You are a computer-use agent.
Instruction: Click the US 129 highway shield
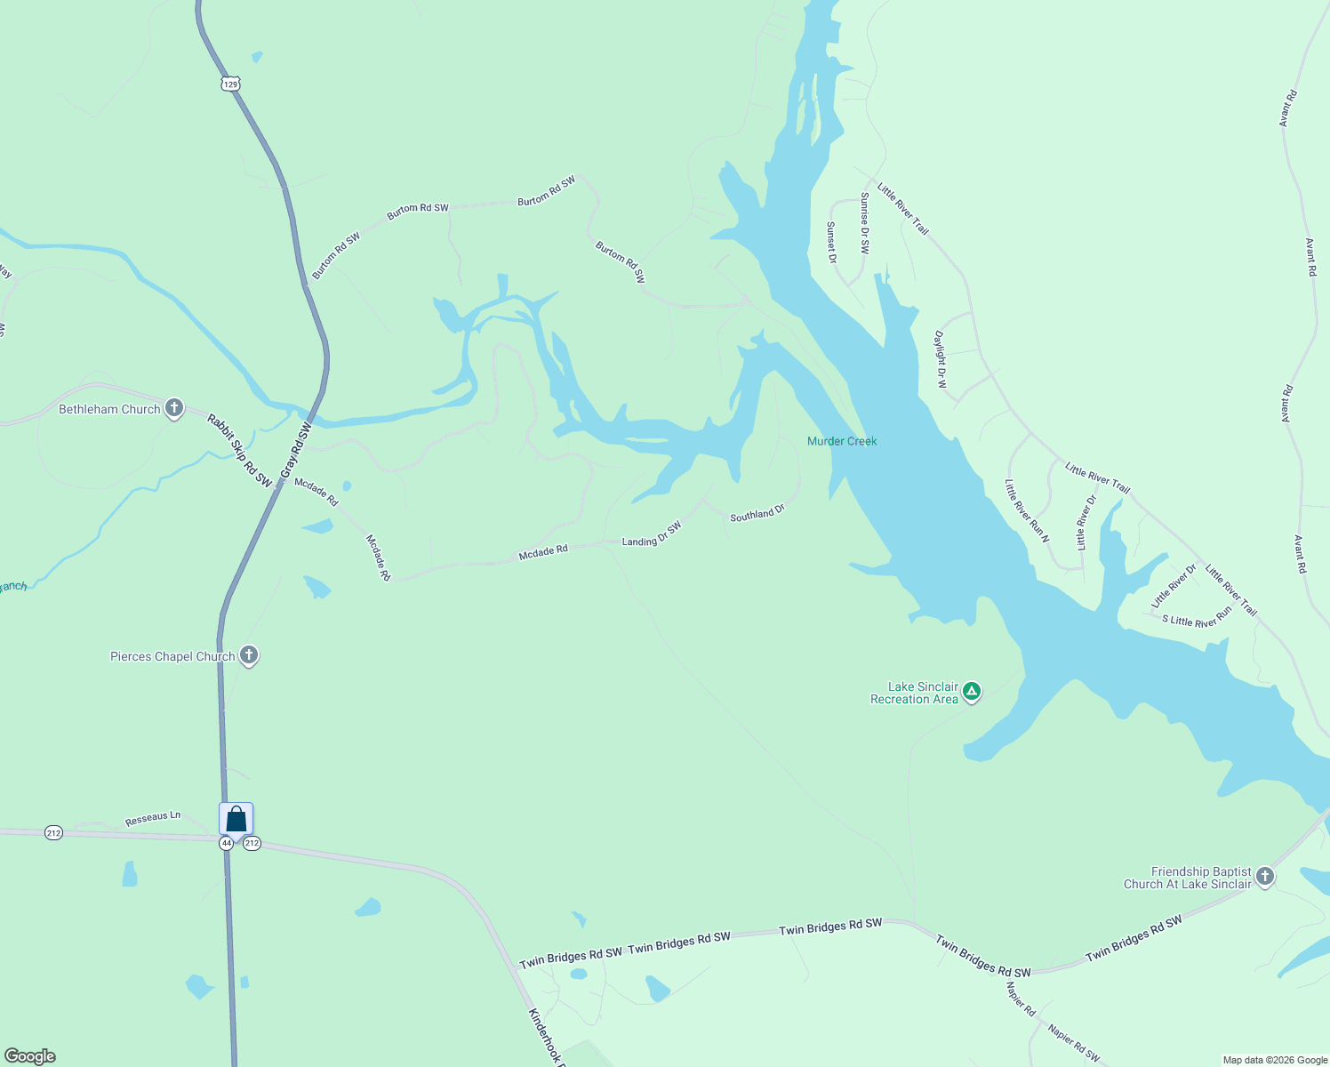tap(230, 84)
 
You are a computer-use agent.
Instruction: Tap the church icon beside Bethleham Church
tap(174, 408)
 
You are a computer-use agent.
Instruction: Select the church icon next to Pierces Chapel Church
tap(249, 656)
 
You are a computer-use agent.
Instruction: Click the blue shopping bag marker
tap(236, 818)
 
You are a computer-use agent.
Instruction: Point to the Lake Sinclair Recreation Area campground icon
tap(972, 691)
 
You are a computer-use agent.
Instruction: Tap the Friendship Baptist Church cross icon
tap(1264, 877)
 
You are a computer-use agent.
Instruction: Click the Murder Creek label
tap(841, 441)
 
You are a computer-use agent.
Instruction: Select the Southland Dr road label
tap(757, 513)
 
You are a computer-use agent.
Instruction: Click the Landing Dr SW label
tap(652, 533)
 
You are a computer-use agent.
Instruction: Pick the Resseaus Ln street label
tap(153, 818)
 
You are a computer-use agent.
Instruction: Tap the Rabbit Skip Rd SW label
tap(240, 450)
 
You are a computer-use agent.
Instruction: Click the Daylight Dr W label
tap(941, 359)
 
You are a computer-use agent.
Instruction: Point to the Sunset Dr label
tap(832, 243)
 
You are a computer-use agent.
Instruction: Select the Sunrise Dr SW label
tap(865, 223)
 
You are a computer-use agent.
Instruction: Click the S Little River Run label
tap(1197, 617)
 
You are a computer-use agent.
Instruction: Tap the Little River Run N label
tap(1027, 511)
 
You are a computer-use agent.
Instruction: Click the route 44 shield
tap(227, 843)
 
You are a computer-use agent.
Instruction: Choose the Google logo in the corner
tap(30, 1056)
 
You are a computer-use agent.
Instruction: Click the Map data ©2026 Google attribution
tap(1275, 1060)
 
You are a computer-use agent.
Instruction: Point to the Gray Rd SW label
tap(296, 452)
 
